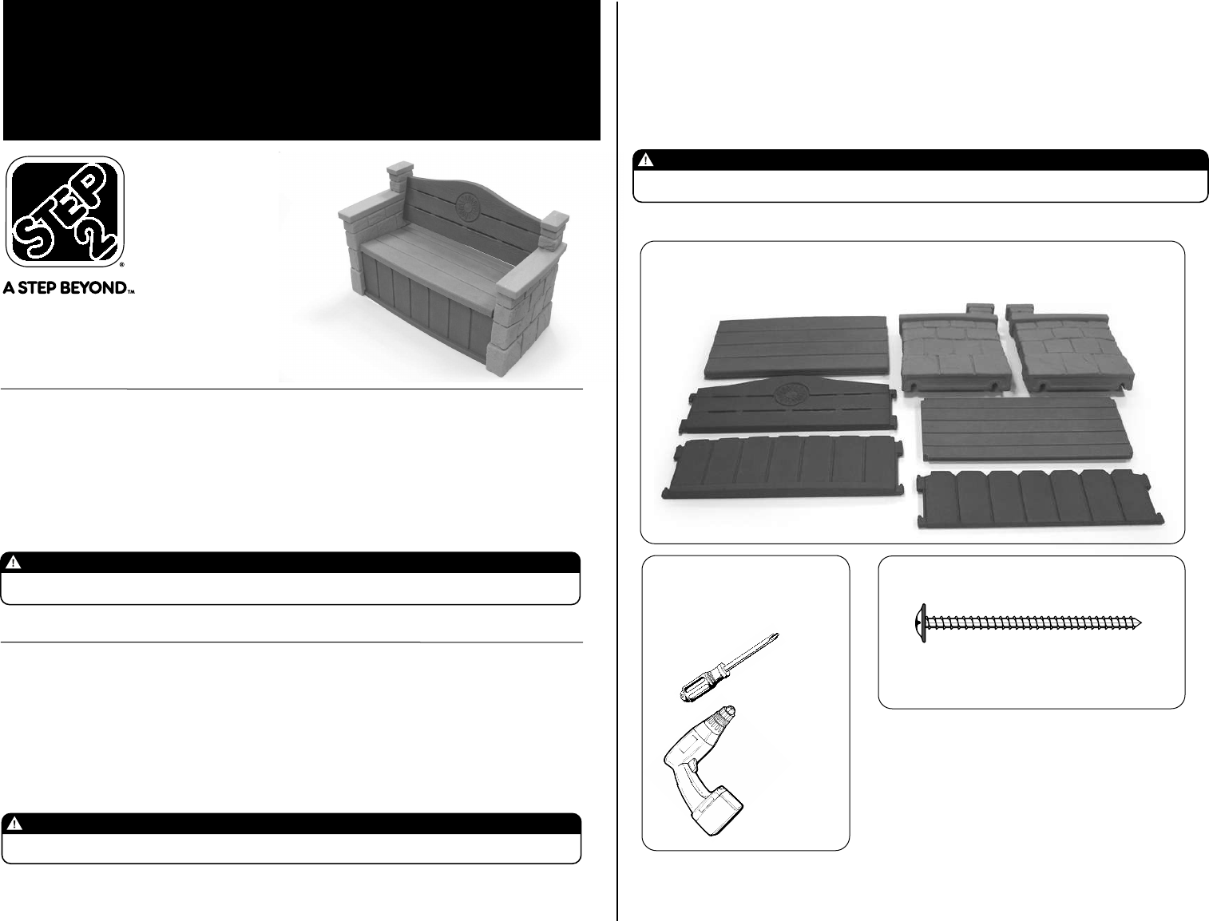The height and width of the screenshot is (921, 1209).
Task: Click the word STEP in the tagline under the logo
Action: coord(41,288)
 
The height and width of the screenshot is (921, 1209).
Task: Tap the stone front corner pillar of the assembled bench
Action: coord(521,320)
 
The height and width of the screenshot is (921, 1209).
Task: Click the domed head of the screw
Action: coord(920,624)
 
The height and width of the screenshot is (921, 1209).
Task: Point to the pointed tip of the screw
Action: coord(1140,623)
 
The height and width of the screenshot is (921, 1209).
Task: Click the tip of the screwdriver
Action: coord(777,634)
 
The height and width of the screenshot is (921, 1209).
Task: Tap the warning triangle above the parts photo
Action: coord(645,160)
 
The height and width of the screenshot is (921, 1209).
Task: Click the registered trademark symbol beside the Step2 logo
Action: coord(121,265)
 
